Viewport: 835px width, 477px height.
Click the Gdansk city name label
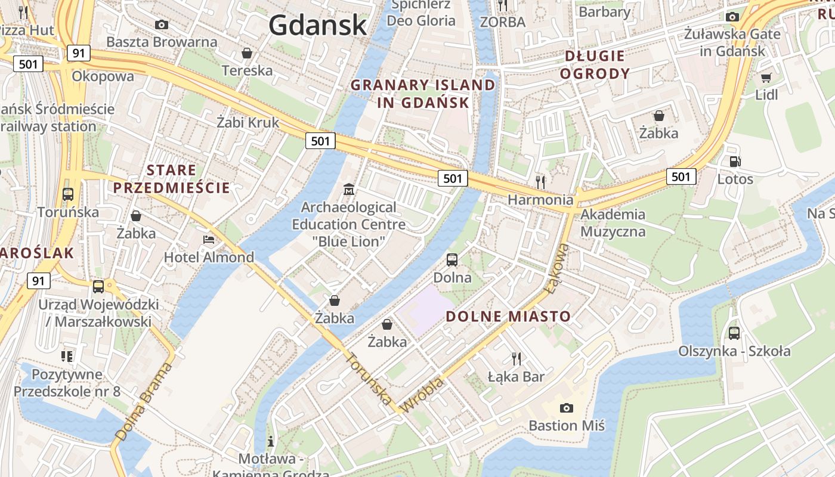(317, 25)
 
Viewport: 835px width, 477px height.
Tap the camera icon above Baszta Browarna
(161, 24)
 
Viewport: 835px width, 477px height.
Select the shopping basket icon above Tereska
(247, 54)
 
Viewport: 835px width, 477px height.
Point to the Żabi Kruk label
(248, 123)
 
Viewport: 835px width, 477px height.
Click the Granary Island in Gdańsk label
(423, 94)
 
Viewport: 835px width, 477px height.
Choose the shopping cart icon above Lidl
(766, 78)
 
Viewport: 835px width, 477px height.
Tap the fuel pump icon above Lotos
(735, 162)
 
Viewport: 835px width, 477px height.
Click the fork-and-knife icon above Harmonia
(540, 182)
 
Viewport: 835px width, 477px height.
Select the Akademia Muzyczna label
(613, 222)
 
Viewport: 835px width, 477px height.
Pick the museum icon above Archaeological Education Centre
(349, 190)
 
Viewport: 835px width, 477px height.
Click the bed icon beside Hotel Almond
(209, 240)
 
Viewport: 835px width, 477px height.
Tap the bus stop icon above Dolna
(452, 260)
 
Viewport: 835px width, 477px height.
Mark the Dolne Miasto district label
(508, 317)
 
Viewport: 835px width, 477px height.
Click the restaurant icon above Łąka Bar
(517, 358)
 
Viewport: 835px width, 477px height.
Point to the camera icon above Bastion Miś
(567, 408)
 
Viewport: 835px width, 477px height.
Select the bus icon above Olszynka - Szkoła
(734, 333)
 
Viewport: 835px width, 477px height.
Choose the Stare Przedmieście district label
(171, 179)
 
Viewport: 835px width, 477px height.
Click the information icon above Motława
(271, 441)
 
